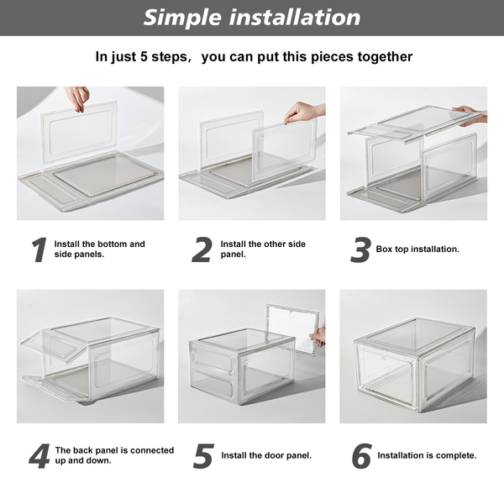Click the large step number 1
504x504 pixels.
39,249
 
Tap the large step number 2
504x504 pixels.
202,249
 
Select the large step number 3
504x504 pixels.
360,249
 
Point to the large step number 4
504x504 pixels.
39,456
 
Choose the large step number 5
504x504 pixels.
203,456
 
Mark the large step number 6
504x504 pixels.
362,456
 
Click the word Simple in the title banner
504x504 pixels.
182,18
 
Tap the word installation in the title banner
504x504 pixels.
295,17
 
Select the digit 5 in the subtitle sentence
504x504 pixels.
144,56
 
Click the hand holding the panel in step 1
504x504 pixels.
76,98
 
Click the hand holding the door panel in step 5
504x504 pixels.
318,337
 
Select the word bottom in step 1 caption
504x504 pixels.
113,244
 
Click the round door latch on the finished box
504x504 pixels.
384,356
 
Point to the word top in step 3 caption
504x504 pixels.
402,249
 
